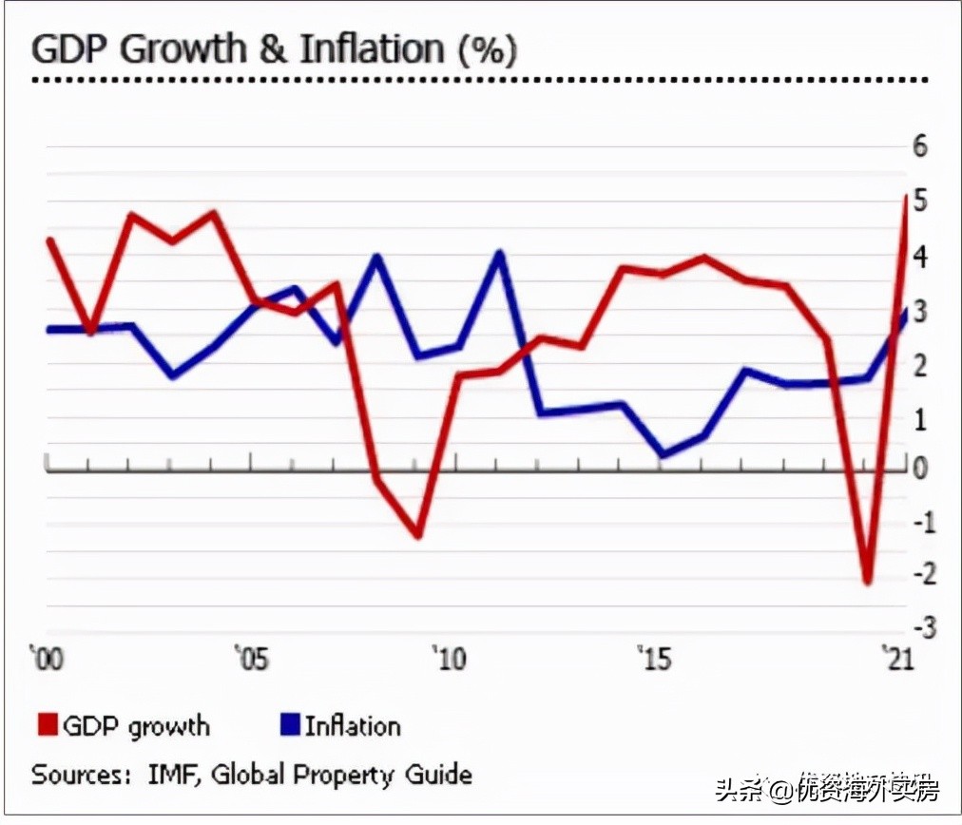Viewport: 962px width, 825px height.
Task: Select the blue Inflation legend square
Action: pos(289,725)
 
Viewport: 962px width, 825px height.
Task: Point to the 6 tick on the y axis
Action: pos(919,146)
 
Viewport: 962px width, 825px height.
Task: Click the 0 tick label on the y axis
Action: pos(919,469)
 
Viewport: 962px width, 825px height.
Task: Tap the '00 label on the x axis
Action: pos(47,658)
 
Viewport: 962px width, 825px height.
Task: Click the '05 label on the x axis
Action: pos(250,658)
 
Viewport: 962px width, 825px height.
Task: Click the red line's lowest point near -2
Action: pos(866,582)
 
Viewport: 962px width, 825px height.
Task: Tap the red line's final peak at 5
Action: pos(904,197)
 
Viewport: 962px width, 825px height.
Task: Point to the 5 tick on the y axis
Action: pos(919,201)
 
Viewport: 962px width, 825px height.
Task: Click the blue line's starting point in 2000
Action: pos(48,330)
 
